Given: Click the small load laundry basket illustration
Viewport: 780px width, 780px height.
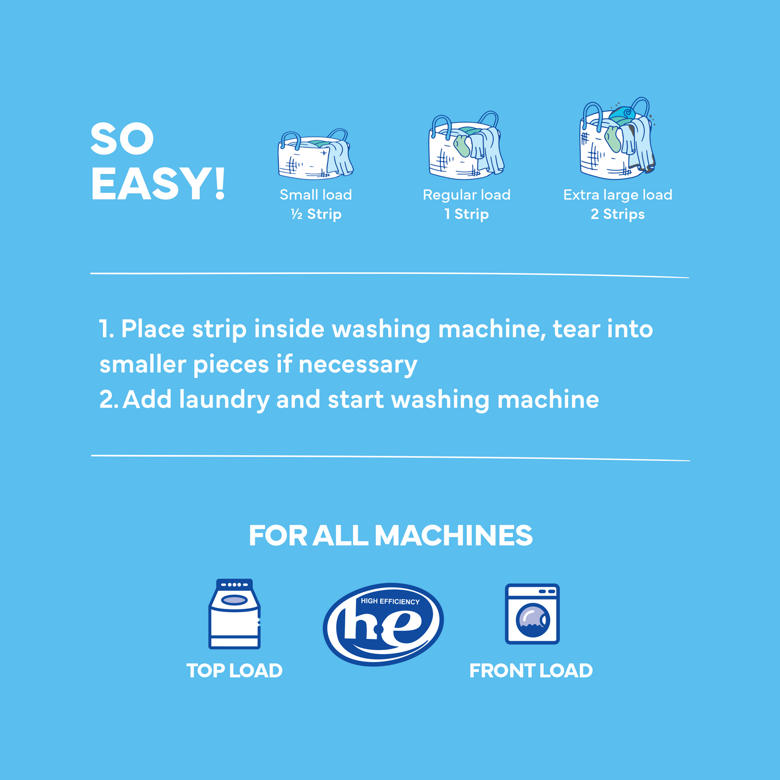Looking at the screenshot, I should tap(315, 154).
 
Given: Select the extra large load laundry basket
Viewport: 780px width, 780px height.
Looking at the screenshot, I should tap(618, 139).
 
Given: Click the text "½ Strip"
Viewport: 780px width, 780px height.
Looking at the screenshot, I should tap(316, 214).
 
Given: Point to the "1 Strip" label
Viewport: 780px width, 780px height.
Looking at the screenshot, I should tap(466, 214).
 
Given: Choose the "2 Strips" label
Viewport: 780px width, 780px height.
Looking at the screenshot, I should tap(618, 214).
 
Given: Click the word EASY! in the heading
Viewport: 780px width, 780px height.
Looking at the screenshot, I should tap(158, 184).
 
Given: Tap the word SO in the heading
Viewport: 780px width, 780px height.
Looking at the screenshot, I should tap(122, 139).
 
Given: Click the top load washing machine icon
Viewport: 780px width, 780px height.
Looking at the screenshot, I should tap(235, 614).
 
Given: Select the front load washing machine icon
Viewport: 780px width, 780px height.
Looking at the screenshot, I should tap(532, 614).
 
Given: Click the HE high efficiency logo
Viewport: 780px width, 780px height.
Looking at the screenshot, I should tap(383, 624).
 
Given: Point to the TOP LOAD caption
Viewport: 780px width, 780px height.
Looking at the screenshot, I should tap(235, 671).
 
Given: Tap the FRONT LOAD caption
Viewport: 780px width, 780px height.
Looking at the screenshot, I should tap(531, 671).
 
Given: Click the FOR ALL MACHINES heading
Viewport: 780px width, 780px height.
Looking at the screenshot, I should tap(391, 536).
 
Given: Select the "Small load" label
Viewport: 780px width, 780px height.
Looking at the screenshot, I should tap(316, 195).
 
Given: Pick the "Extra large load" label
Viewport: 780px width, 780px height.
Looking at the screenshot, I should tap(618, 195).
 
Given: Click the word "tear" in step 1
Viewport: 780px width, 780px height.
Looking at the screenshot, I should tap(576, 329).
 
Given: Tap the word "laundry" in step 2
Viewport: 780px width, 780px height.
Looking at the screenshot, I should tap(224, 400).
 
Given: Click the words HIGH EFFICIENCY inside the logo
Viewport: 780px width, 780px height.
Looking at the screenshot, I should tap(390, 602).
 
